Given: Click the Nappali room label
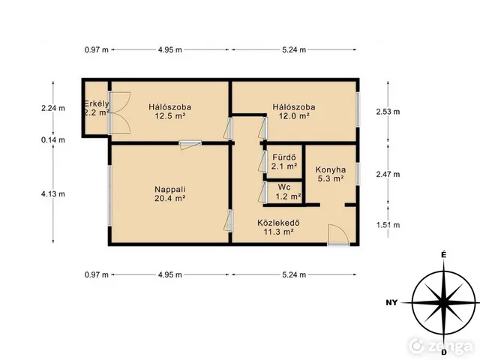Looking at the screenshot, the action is point(170,193).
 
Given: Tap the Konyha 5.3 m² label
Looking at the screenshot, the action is point(331,174).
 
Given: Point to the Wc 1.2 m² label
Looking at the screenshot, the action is point(287,192).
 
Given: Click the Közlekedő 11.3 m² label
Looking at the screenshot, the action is point(278,227).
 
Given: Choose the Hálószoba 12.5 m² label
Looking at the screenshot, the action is point(170,112).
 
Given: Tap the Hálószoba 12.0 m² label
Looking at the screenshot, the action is point(294,112).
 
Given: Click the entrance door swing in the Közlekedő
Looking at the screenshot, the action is point(338,235).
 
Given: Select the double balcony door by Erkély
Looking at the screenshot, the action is point(120,113).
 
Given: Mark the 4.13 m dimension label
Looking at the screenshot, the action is point(53,193).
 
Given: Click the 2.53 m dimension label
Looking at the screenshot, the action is point(388,112).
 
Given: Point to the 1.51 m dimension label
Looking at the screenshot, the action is point(388,225).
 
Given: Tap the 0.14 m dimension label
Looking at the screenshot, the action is point(53,140).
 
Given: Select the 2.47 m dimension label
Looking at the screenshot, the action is point(388,174).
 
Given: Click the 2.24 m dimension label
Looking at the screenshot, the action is point(53,108).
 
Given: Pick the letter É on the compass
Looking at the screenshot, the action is point(443,255).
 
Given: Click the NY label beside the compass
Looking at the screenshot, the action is point(391,303).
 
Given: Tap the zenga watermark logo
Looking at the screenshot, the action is point(441,346).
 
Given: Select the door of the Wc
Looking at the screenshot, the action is point(263,192).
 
